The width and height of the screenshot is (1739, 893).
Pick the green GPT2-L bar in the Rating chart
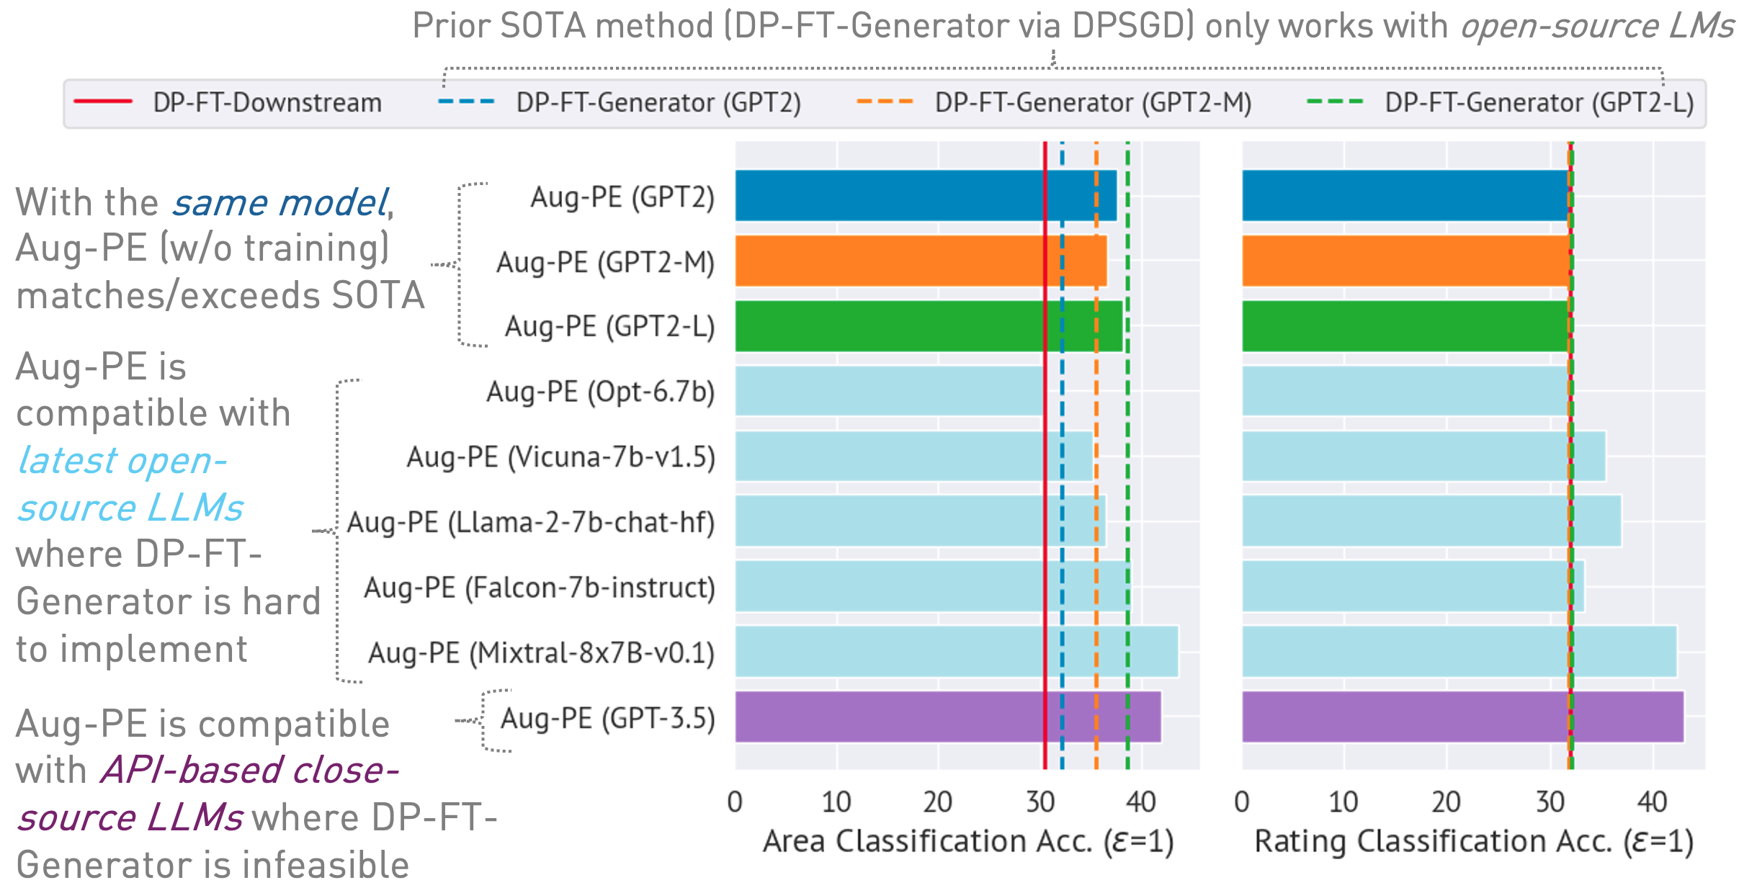coord(1405,326)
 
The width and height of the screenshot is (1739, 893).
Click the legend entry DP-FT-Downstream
coord(267,103)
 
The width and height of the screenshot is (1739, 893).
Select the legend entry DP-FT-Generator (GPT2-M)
coord(1092,103)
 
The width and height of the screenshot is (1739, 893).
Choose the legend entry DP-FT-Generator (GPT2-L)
coord(1539,103)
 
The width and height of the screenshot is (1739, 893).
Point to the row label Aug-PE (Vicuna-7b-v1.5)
coord(560,457)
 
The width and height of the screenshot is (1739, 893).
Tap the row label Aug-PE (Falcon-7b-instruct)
coord(539,588)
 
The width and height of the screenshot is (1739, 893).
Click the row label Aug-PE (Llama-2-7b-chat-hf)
coord(530,523)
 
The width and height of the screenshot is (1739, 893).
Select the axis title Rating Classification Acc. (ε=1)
coord(1474,842)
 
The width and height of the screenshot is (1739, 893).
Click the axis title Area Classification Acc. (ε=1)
coord(968,842)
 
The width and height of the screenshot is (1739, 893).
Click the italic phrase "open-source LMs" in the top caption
coord(1596,27)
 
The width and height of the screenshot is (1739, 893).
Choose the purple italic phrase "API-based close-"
coord(249,770)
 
